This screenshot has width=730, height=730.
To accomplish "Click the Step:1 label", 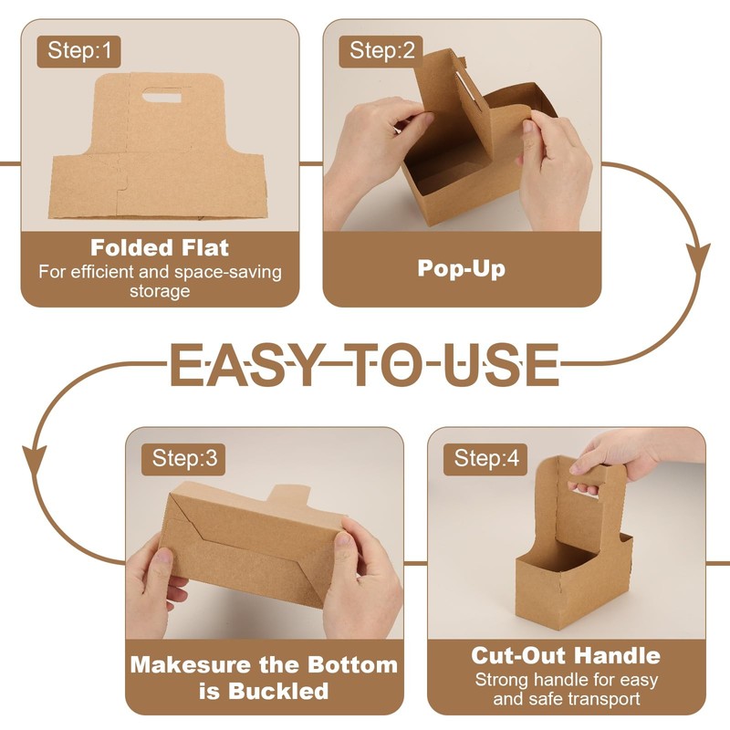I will click(x=78, y=50).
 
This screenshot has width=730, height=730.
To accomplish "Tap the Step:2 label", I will click(x=381, y=50).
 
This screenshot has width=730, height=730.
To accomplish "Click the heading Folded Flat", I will click(x=160, y=247).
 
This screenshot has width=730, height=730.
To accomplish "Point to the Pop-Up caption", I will click(x=461, y=268).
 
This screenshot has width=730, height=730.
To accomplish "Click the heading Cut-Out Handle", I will click(x=565, y=655).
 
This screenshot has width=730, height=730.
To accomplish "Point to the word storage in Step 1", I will click(x=160, y=291).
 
